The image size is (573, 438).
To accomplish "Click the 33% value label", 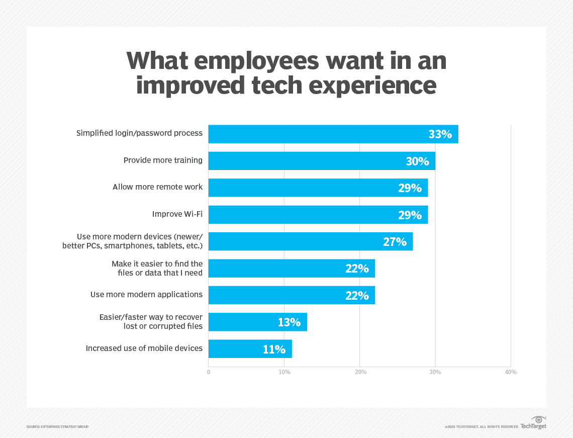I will [440, 134].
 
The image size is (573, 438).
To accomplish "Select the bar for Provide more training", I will [322, 161].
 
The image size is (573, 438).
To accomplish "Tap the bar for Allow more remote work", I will [318, 188].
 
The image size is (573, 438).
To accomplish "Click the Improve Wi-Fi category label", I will [177, 214].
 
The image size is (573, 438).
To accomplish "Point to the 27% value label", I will [395, 242].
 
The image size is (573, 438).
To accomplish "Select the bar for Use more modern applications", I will [292, 295].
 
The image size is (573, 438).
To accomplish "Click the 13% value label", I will [289, 322].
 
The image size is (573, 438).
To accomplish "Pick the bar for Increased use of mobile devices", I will [250, 349].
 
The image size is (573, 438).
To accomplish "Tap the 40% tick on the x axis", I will [511, 372].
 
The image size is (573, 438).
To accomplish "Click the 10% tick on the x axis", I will [284, 372].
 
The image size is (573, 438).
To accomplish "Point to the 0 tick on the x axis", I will [209, 372].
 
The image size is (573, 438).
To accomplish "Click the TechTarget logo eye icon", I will [538, 420].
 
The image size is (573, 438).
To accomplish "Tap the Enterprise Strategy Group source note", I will [57, 427].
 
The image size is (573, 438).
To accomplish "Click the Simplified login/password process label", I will [139, 133].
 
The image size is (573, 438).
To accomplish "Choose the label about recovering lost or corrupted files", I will [151, 321].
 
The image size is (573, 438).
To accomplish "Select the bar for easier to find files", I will [292, 269].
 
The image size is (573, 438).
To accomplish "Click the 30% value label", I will [417, 161].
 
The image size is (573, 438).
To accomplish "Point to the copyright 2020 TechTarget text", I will [481, 427].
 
